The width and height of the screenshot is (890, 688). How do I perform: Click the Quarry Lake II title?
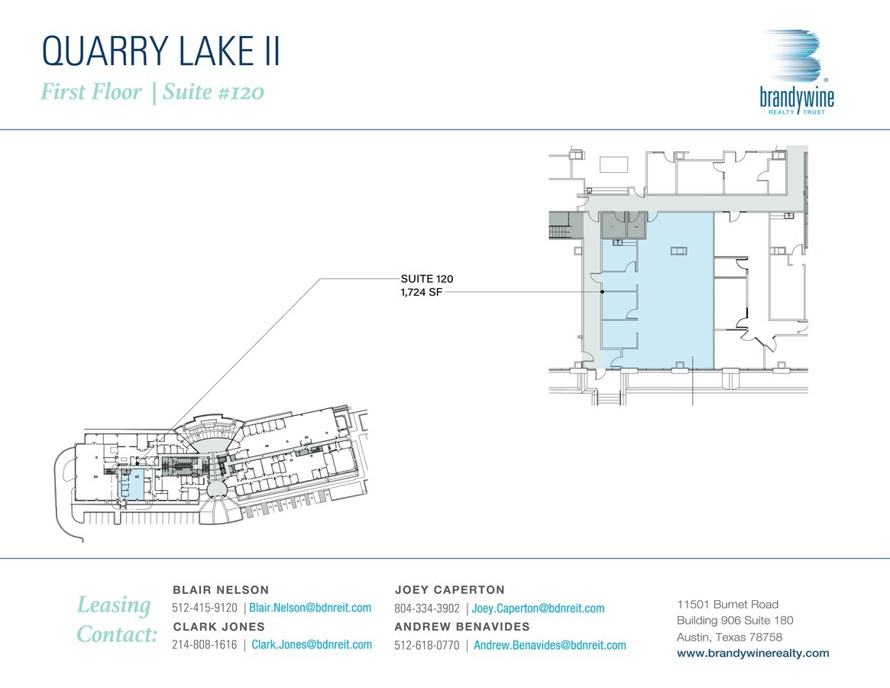click(161, 51)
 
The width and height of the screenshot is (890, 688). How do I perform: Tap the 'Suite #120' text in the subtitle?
click(213, 92)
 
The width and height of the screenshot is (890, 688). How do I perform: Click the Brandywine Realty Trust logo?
click(796, 72)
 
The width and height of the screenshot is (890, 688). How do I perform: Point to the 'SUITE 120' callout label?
click(427, 278)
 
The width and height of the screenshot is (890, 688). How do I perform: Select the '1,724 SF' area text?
click(421, 293)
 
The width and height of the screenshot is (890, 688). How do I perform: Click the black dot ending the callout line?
click(602, 292)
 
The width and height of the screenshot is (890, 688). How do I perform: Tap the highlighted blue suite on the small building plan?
click(134, 483)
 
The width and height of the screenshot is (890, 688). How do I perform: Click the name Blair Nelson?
click(221, 589)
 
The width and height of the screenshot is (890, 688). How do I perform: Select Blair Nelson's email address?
click(310, 607)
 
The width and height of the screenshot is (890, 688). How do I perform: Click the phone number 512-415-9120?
click(204, 608)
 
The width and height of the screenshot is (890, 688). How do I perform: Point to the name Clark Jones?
click(219, 627)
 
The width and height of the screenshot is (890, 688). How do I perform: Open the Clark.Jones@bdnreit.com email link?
click(312, 644)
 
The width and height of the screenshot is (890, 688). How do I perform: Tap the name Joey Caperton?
click(449, 589)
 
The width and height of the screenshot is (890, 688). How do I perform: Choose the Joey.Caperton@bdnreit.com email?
click(538, 608)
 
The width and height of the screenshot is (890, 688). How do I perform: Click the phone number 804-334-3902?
click(427, 608)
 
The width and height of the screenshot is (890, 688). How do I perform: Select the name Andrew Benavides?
click(462, 627)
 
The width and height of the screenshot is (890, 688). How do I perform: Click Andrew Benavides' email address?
click(550, 645)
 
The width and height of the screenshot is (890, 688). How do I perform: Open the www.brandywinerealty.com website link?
click(752, 654)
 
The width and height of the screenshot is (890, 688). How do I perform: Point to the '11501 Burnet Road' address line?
click(728, 605)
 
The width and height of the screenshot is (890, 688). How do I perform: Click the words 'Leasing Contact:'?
click(116, 619)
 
